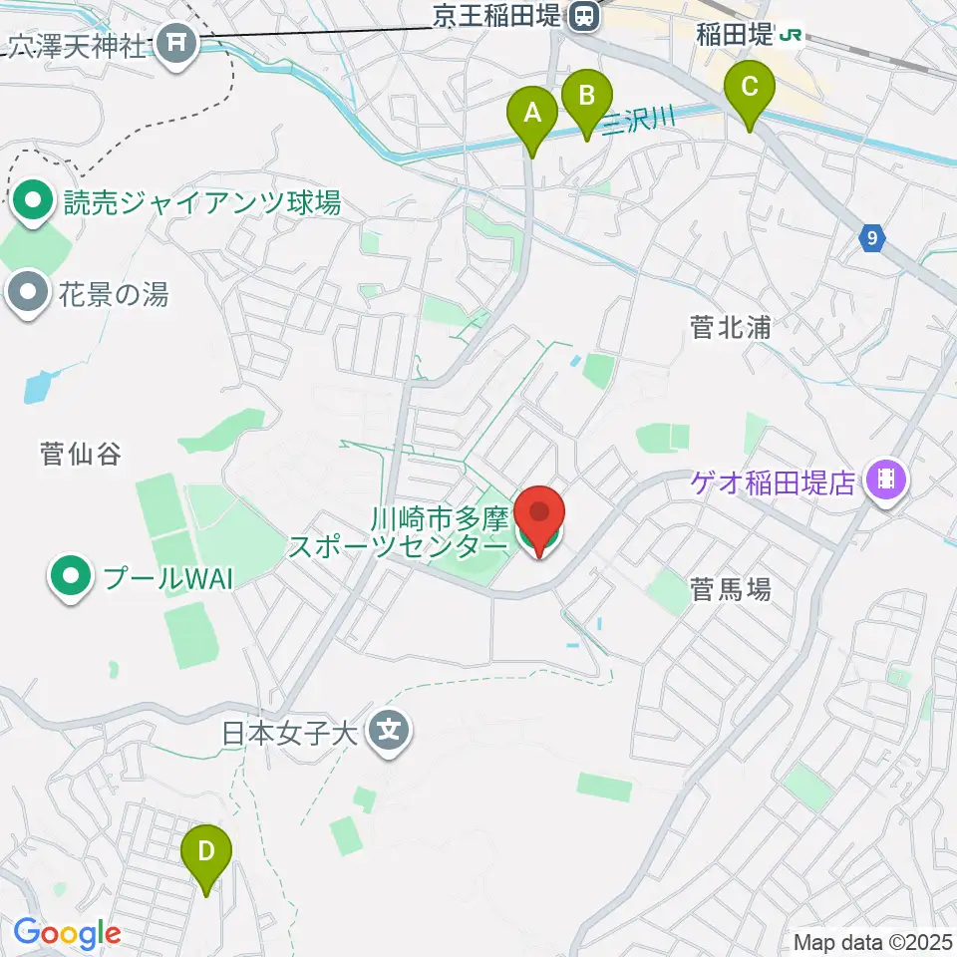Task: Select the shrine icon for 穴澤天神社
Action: click(x=178, y=43)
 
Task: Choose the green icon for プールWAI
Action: click(x=69, y=576)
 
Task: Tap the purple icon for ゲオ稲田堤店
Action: click(x=883, y=482)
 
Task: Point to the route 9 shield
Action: click(x=872, y=238)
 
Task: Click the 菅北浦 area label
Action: click(x=730, y=328)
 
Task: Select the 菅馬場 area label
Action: click(x=731, y=590)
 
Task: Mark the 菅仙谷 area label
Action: click(x=81, y=455)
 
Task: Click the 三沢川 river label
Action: click(x=637, y=117)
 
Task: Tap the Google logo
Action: click(x=67, y=934)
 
